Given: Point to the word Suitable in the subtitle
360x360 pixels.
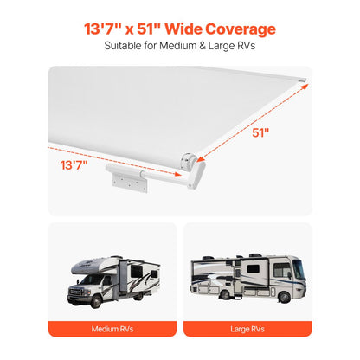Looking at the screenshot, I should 124,48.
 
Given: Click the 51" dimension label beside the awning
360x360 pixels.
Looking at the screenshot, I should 260,133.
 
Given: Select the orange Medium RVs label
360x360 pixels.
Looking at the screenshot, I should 112,329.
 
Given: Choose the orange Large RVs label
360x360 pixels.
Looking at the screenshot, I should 247,329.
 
